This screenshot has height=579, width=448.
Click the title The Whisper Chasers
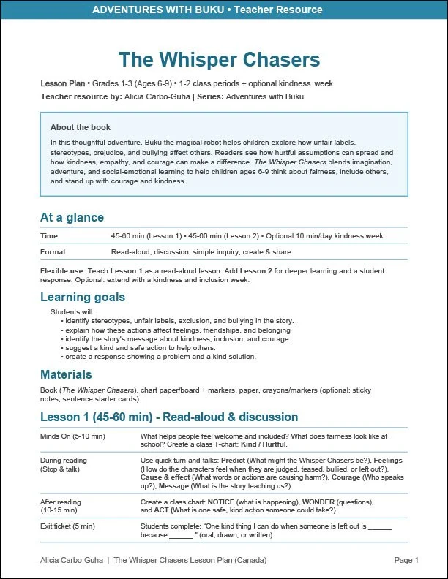(219, 59)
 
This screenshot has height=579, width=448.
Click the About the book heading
(81, 127)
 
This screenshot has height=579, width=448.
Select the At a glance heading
(72, 217)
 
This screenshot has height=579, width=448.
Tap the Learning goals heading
(83, 297)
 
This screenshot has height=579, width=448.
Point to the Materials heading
(66, 374)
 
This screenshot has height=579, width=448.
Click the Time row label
(49, 236)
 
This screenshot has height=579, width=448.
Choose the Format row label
(53, 252)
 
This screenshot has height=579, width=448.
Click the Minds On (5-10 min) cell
(73, 436)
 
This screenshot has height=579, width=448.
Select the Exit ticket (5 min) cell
(68, 526)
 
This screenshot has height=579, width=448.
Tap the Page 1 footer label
(406, 561)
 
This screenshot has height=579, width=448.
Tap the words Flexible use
(62, 271)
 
